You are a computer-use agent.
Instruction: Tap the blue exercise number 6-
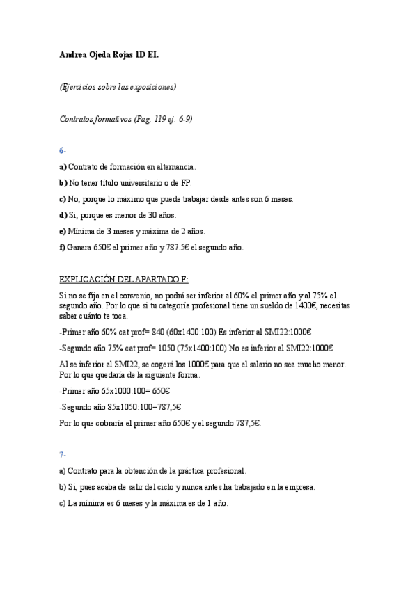[x=63, y=150]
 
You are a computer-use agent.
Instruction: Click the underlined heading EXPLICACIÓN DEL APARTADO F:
[x=124, y=279]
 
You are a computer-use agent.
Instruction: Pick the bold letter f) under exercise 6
[x=63, y=247]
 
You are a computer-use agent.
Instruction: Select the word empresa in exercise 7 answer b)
[x=299, y=487]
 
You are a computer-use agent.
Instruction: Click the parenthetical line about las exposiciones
[x=118, y=86]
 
